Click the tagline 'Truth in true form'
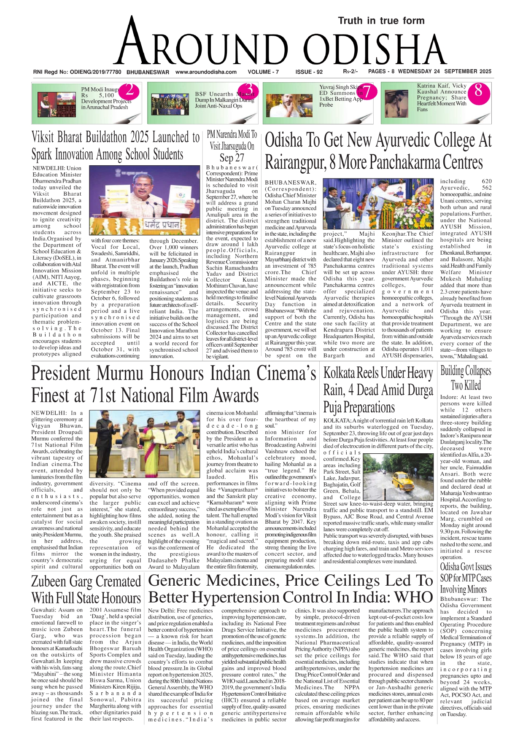tap(381, 21)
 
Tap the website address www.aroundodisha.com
tap(206, 72)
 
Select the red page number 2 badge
tap(130, 90)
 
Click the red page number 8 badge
tap(478, 90)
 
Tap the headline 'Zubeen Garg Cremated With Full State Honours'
tap(86, 589)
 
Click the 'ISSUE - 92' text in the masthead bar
tap(309, 72)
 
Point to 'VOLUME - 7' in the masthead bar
tap(263, 72)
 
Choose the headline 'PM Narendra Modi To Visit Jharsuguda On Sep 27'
tap(232, 146)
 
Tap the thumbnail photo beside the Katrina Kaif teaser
tap(399, 104)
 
